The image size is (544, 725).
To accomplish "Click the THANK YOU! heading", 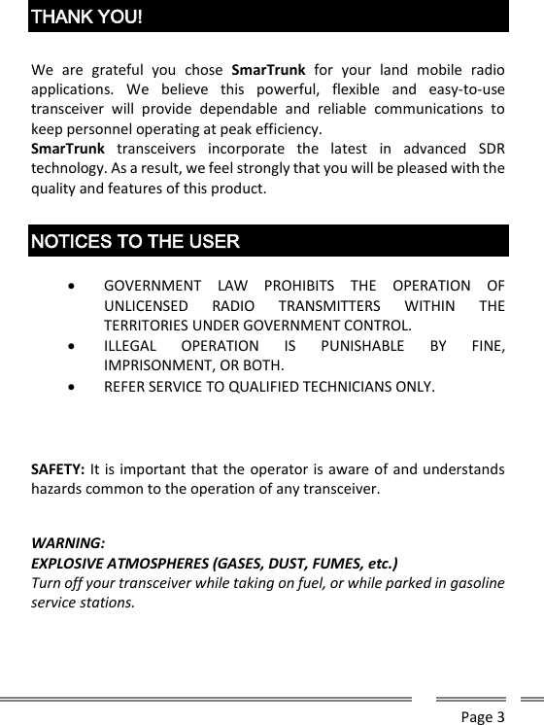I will (87, 17).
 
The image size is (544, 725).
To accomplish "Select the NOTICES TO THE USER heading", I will (135, 240).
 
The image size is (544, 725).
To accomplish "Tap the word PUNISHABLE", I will (362, 345).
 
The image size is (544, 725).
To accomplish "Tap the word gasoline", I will (472, 582).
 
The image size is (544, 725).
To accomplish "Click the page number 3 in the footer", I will (500, 717).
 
